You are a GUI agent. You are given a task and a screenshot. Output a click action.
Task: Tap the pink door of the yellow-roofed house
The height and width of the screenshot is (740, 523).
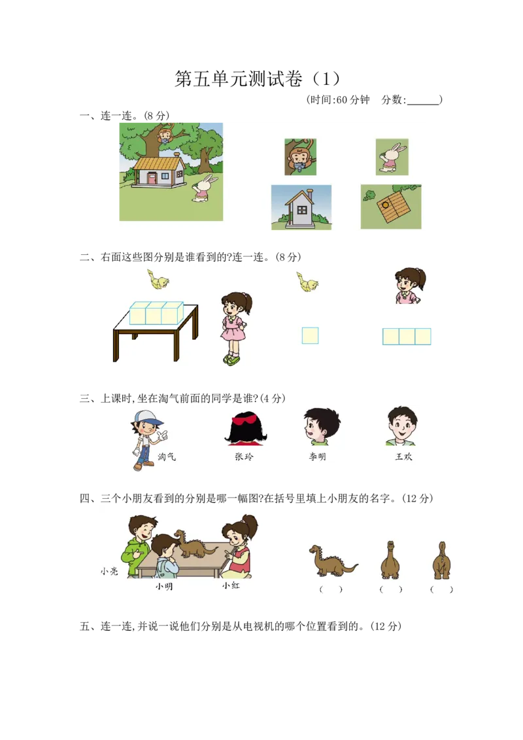click(x=152, y=178)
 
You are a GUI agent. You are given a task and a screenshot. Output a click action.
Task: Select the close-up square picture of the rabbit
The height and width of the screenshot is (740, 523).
click(x=392, y=157)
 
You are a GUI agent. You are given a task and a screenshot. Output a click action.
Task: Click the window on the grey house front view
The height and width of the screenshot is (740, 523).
click(x=302, y=209)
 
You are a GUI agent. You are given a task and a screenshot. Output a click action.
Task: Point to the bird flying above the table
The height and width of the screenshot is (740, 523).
click(x=158, y=280)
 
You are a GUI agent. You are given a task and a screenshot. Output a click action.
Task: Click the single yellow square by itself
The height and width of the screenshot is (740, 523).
click(x=310, y=335)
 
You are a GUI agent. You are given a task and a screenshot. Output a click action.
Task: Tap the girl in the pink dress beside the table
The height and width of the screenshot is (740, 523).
click(x=233, y=327)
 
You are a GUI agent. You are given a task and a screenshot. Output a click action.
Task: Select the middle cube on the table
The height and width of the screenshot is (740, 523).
click(x=154, y=314)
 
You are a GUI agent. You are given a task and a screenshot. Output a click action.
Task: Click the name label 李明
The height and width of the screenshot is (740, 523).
click(x=317, y=457)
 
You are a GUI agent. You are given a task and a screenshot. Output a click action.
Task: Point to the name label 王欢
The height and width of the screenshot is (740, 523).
click(x=403, y=457)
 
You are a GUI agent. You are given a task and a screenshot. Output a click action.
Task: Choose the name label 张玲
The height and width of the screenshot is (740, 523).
click(x=243, y=457)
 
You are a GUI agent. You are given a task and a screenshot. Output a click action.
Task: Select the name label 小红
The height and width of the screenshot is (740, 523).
click(x=231, y=586)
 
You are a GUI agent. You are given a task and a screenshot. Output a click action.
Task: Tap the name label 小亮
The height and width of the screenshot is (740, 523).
click(x=109, y=571)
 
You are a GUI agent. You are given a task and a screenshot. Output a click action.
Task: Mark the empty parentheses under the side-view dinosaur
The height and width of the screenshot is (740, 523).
click(x=331, y=589)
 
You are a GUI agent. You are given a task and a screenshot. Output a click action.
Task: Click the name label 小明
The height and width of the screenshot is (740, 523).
click(x=164, y=586)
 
